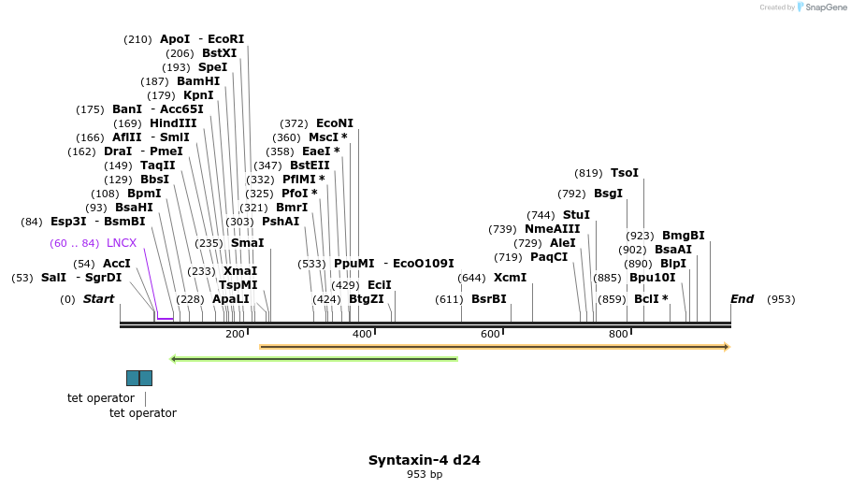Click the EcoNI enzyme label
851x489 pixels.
click(x=335, y=123)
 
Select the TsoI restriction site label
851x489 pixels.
click(x=625, y=173)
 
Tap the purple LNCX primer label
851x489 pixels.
click(x=122, y=243)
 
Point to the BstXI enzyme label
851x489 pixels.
click(x=220, y=53)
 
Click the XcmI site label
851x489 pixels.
click(x=510, y=278)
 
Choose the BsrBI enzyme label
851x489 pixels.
click(x=488, y=299)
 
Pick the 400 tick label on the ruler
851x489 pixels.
click(x=362, y=334)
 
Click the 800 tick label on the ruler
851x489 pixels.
click(x=618, y=334)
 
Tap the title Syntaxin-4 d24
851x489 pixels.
click(x=425, y=460)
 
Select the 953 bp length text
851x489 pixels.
click(x=425, y=475)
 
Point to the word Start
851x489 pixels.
click(x=98, y=299)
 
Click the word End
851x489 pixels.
click(x=742, y=299)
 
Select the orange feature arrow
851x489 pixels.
click(x=494, y=347)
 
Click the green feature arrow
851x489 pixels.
click(x=313, y=358)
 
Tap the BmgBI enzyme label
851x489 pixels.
click(x=684, y=236)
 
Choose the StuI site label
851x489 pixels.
click(x=576, y=215)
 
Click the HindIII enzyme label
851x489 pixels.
click(x=173, y=123)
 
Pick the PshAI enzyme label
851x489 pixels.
click(x=281, y=222)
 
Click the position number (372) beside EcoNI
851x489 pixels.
click(x=294, y=123)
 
